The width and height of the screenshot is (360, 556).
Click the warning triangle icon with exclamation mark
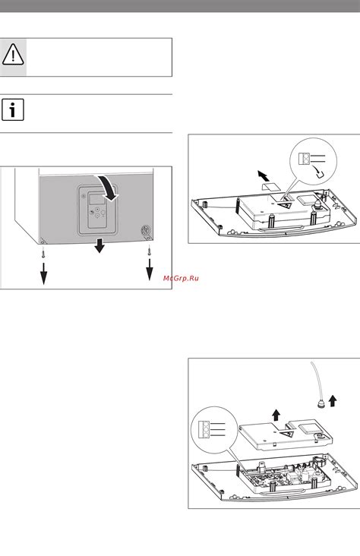click(x=13, y=55)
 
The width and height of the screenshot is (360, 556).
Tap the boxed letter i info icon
click(x=13, y=110)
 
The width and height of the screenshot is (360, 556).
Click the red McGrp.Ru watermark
click(x=181, y=278)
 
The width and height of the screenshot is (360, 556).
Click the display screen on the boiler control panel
click(x=96, y=198)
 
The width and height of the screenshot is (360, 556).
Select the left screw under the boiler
click(x=43, y=253)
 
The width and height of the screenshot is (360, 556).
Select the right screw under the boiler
click(x=149, y=251)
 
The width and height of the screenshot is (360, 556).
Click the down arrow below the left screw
click(x=43, y=273)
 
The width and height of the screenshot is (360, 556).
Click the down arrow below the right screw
click(x=150, y=270)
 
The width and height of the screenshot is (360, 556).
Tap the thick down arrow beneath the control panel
click(x=99, y=245)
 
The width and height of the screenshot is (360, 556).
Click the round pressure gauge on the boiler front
click(x=146, y=230)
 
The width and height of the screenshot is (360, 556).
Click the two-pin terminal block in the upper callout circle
click(x=304, y=159)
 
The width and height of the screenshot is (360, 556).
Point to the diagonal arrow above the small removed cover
click(x=264, y=175)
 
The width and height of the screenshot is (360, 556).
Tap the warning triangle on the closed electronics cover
click(x=285, y=205)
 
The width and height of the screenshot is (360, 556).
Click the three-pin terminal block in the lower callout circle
click(x=204, y=430)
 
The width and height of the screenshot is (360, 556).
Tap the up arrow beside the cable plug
click(x=333, y=401)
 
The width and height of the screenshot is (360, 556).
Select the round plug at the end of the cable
click(x=321, y=405)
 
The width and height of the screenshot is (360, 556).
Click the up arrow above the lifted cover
click(x=276, y=415)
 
